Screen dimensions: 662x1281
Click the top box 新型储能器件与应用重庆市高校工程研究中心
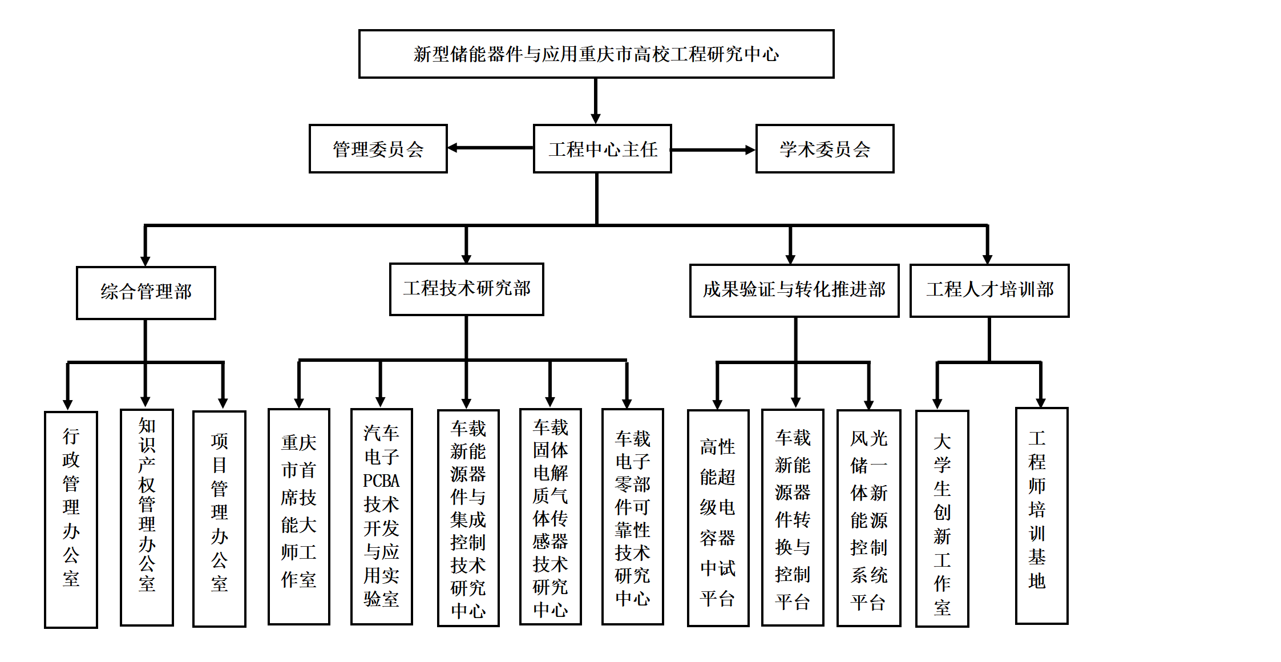(x=596, y=54)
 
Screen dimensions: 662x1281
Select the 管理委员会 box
(x=378, y=149)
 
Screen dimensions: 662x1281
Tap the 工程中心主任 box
(x=602, y=149)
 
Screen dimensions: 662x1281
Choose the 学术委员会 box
(x=825, y=149)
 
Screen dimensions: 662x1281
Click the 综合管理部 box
(x=146, y=292)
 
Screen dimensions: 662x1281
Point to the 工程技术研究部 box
(x=466, y=289)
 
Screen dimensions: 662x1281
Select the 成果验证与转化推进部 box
(x=794, y=290)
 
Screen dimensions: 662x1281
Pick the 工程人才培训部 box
(x=989, y=290)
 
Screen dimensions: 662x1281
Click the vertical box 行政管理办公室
(x=71, y=519)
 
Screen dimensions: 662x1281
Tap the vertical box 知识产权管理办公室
(x=147, y=517)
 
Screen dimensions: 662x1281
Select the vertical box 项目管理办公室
(x=219, y=518)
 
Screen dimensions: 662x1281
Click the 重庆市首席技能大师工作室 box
(x=298, y=516)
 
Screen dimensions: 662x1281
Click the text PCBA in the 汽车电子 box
(x=381, y=481)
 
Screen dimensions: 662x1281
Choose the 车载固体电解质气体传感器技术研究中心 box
(x=550, y=516)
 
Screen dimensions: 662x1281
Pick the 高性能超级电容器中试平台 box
(x=718, y=518)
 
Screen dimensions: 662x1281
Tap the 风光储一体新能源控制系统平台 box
(x=868, y=518)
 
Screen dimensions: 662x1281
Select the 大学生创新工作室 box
(x=942, y=518)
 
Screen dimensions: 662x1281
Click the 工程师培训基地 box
(x=1041, y=515)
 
